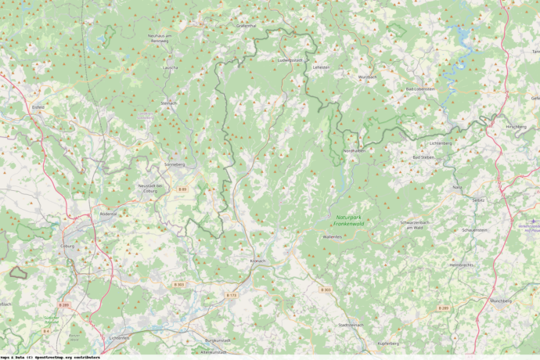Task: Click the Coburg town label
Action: [x=67, y=246]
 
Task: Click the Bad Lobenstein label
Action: [x=420, y=89]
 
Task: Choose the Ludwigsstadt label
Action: [x=290, y=59]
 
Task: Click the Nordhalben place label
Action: [x=354, y=151]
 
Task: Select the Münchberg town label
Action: [x=500, y=301]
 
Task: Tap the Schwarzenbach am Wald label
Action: [x=417, y=225]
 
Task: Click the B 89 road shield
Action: [x=182, y=189]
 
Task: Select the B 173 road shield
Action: [x=231, y=295]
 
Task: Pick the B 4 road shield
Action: [x=46, y=331]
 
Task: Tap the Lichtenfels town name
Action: [x=120, y=337]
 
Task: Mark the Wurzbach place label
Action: [x=367, y=77]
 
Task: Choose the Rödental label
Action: [x=108, y=214]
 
